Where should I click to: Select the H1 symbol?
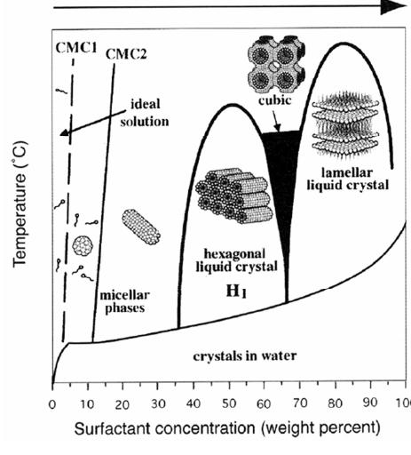[231, 289]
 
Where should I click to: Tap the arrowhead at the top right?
[395, 8]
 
